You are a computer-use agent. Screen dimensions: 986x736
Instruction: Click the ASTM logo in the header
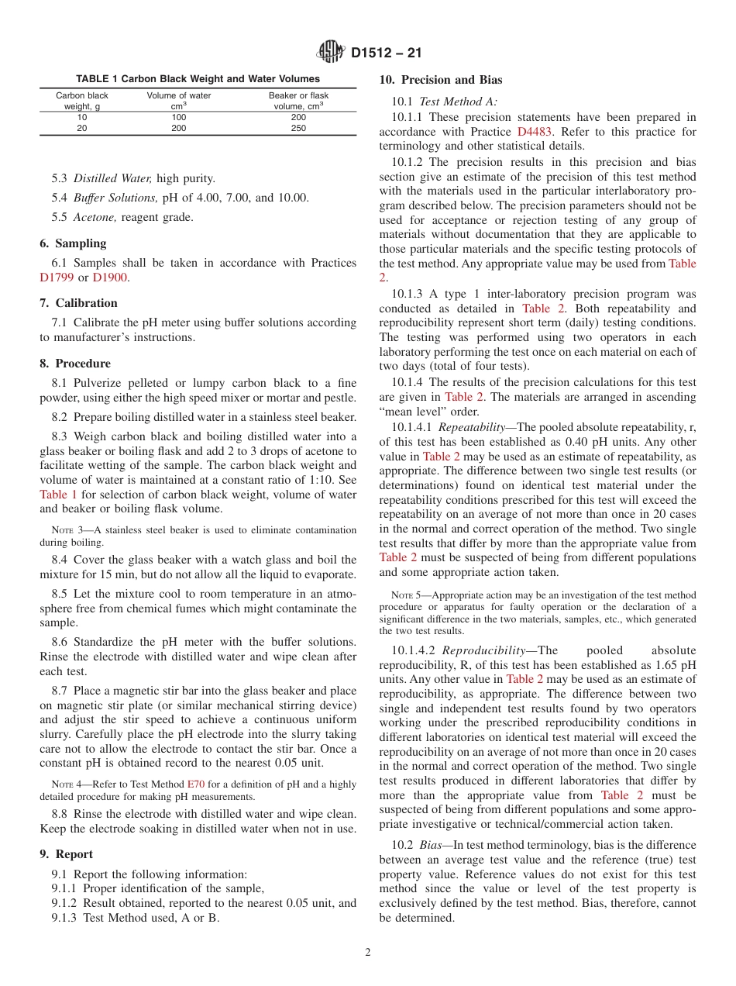coord(332,53)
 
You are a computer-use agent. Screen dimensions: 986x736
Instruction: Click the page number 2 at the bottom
coord(368,953)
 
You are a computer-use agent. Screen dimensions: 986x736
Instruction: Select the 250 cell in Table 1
coord(298,129)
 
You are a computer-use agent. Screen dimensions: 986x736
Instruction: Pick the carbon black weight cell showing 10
coord(82,118)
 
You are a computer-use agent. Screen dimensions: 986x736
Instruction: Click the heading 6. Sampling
coord(73,243)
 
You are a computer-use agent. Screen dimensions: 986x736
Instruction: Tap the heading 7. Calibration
coord(78,303)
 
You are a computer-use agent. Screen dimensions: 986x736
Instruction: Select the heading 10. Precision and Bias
coord(440,80)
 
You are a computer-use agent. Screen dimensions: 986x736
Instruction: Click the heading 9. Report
coord(66,854)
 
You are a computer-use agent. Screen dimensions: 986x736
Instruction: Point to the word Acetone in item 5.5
coord(95,217)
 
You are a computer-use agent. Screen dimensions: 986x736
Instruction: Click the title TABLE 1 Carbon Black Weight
coord(198,79)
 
